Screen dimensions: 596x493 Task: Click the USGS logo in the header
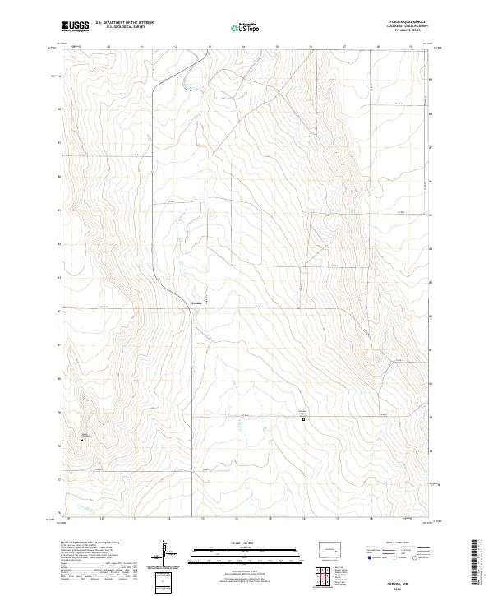click(x=75, y=27)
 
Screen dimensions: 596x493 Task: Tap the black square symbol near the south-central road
click(x=303, y=419)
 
